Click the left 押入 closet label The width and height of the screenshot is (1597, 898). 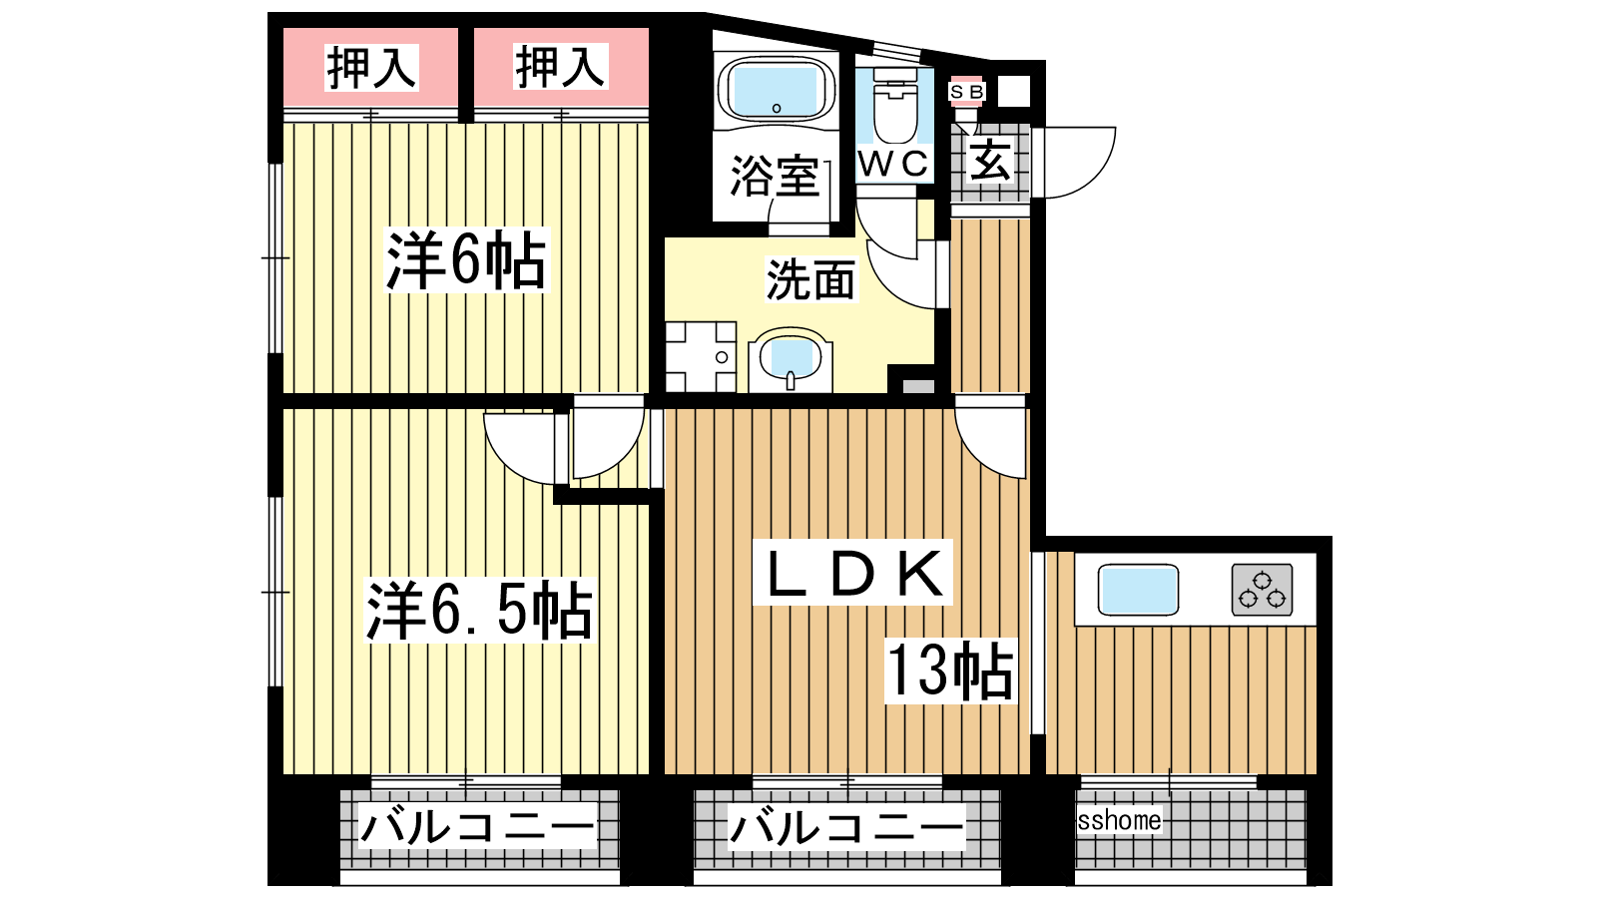point(371,68)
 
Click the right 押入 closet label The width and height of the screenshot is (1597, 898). point(560,67)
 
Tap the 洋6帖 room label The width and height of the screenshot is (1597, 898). point(466,259)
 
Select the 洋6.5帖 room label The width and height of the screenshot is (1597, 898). point(479,611)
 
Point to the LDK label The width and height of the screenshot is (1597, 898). point(852,573)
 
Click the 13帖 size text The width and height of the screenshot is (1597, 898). point(949,670)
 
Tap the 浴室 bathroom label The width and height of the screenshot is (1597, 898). point(775,176)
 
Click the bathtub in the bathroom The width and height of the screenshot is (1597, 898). point(776,90)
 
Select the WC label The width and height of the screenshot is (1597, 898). point(894,164)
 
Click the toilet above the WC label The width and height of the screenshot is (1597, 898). point(894,106)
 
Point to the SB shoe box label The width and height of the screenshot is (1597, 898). point(967,91)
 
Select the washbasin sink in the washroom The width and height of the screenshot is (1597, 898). point(790,359)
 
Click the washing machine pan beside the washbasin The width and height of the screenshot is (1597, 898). point(701,356)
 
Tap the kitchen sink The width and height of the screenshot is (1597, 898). point(1138,590)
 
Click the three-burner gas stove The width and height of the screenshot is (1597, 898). point(1262,590)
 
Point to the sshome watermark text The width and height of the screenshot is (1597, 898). point(1119,820)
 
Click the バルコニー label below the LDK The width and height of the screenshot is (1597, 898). point(846,827)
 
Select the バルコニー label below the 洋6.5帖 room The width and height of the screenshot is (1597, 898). point(478,827)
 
